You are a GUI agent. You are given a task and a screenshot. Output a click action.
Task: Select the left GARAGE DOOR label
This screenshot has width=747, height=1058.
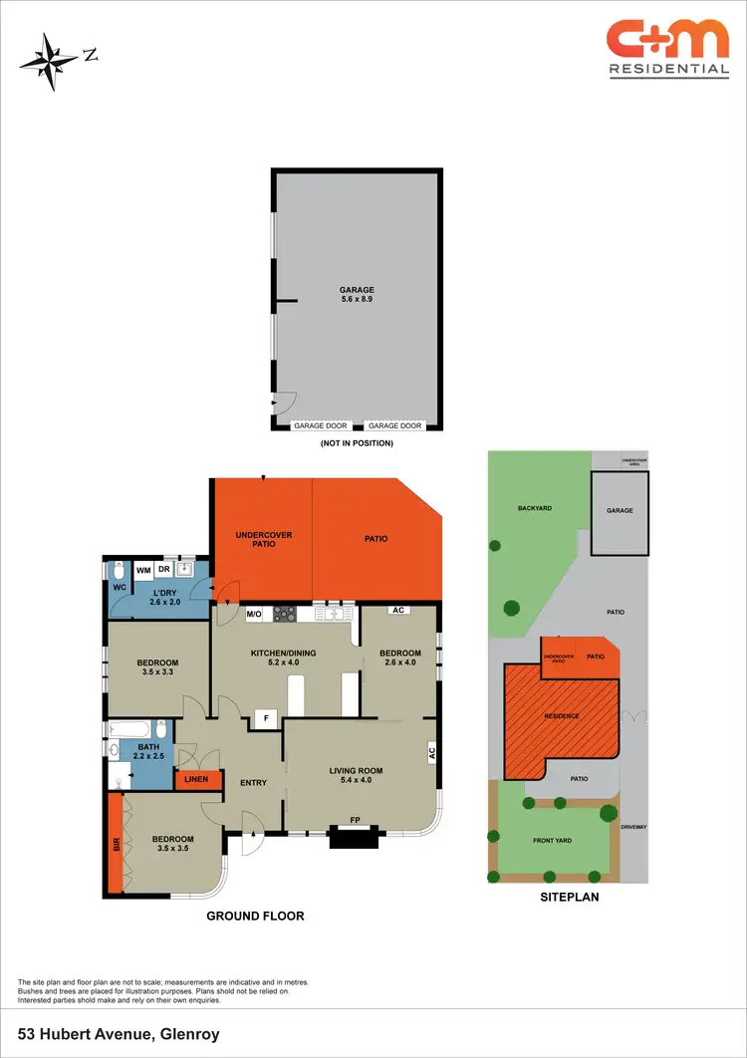[320, 425]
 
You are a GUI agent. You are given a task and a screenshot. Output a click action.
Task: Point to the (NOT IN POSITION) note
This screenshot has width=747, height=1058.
[357, 442]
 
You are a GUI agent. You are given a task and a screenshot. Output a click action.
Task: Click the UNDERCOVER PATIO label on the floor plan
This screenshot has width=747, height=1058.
[263, 539]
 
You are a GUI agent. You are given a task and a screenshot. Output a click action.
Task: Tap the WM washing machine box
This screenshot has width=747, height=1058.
[143, 570]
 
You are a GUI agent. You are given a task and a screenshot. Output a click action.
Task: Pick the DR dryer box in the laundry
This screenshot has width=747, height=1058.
[163, 569]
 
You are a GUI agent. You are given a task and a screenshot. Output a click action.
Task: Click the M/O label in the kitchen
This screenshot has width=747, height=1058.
[254, 615]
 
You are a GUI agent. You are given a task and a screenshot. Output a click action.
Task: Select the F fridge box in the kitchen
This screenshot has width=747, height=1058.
[266, 716]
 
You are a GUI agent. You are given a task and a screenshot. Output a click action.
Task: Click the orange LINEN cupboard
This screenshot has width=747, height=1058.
[196, 778]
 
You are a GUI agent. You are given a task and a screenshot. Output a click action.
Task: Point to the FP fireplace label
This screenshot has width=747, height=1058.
[355, 820]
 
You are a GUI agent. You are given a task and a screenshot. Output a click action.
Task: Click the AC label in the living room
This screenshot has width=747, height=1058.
[432, 753]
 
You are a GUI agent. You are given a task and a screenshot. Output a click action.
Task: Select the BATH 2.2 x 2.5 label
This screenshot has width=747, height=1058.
[148, 751]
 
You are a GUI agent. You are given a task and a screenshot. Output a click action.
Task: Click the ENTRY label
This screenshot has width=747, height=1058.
[253, 782]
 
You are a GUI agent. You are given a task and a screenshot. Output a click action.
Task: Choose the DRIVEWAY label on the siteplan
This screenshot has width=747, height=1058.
[633, 827]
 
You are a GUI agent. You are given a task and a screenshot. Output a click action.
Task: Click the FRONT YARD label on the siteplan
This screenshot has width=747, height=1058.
[551, 841]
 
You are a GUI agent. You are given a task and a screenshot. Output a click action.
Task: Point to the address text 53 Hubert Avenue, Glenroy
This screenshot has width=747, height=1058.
[118, 1035]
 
